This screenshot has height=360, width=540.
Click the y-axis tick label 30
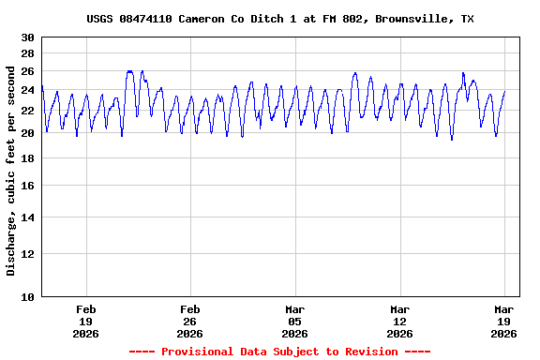28,37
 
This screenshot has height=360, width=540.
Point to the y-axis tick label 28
28,53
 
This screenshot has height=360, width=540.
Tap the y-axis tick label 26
28,71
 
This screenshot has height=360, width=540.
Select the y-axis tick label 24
28,91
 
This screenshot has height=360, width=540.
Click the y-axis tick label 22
28,111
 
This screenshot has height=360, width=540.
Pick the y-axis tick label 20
28,133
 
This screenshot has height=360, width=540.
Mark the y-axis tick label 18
28,158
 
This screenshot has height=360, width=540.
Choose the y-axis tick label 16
28,186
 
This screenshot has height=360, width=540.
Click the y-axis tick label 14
28,217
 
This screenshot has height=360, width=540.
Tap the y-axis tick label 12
28,253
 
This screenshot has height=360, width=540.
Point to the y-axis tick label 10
28,297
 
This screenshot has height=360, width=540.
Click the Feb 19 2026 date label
86,321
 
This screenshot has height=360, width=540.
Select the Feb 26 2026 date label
190,321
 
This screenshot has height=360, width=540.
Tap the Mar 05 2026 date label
295,321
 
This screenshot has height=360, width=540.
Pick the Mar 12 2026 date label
400,321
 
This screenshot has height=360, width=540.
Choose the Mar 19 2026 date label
504,321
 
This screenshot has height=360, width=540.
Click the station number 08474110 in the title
145,19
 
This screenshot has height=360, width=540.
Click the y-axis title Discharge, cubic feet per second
11,171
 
